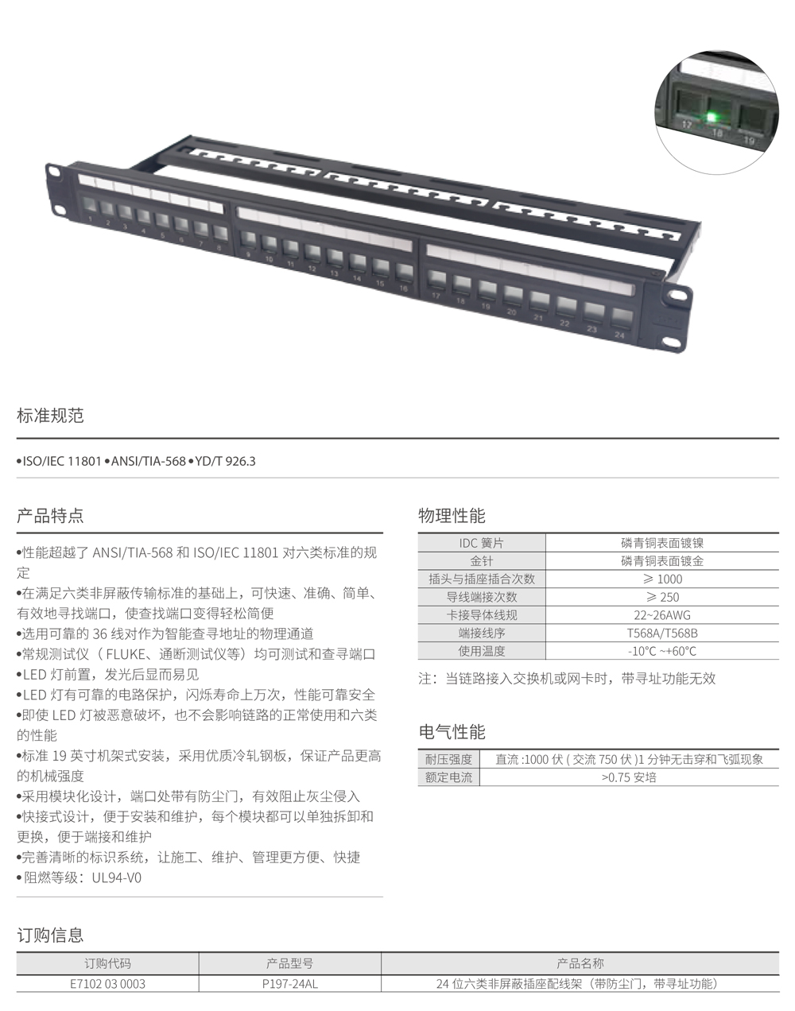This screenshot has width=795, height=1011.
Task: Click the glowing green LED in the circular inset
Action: pos(712,117)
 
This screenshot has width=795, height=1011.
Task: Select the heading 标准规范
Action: pos(50,416)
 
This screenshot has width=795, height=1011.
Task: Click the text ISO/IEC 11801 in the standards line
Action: pos(62,461)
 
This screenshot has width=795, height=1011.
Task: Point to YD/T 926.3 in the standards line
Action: pos(226,461)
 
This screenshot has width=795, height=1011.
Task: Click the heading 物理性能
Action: pos(452,516)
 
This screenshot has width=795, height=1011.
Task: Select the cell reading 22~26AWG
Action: pos(662,615)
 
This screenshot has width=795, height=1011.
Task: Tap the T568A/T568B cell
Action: pos(662,633)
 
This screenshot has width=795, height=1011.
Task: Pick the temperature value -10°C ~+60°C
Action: pos(662,651)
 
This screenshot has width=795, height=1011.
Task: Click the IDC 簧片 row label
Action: pos(482,543)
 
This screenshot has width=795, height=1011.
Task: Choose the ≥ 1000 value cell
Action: pos(662,579)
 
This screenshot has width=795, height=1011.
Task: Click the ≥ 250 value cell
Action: pos(662,597)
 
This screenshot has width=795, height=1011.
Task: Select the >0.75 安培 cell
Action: pos(629,777)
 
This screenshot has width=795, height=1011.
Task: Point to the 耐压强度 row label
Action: pos(448,759)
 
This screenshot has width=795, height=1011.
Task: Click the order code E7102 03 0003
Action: pos(107,984)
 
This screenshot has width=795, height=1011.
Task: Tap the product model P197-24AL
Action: pos(290,984)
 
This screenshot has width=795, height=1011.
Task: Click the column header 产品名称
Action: pos(580,963)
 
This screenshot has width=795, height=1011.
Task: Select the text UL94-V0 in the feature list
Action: pos(117,877)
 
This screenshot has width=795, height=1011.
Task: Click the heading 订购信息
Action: pos(50,935)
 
